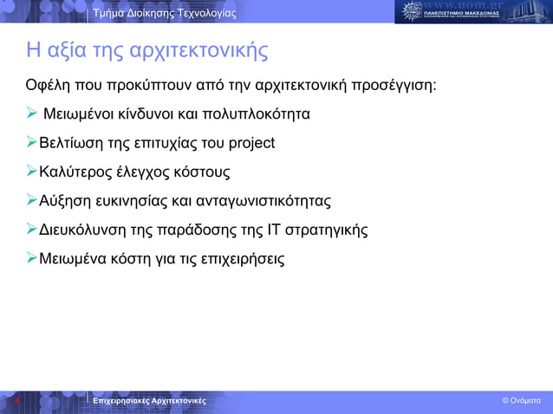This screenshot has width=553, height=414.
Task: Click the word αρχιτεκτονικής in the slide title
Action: [x=198, y=52]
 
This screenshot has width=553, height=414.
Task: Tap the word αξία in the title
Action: [x=61, y=52]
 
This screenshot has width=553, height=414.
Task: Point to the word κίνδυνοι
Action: [x=142, y=114]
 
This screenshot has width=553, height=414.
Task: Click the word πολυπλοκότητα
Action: [x=255, y=114]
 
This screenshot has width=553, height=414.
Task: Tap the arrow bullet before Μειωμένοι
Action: [x=31, y=113]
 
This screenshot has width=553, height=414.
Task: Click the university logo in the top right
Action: [x=473, y=12]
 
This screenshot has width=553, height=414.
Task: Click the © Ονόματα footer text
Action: [x=521, y=401]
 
